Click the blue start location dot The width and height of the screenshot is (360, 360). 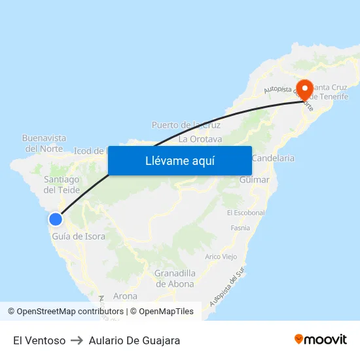(56, 220)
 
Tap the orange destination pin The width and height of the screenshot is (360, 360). (305, 89)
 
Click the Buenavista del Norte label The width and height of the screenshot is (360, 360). (44, 143)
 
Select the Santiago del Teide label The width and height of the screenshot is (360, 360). (62, 185)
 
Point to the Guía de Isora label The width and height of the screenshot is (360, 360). (79, 236)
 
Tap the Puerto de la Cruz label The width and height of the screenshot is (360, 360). (186, 124)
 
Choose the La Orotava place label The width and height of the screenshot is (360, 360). (200, 139)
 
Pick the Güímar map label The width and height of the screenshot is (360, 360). (255, 179)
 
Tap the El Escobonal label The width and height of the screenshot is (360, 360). (245, 213)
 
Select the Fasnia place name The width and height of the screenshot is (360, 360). (240, 228)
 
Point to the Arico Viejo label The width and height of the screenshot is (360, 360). (221, 257)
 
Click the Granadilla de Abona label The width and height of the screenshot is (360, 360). (174, 278)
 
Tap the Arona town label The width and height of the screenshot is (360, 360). (125, 297)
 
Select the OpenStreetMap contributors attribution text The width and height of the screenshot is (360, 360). (70, 312)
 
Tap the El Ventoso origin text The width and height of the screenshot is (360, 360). (39, 340)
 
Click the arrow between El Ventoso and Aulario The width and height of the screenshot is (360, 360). (77, 340)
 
